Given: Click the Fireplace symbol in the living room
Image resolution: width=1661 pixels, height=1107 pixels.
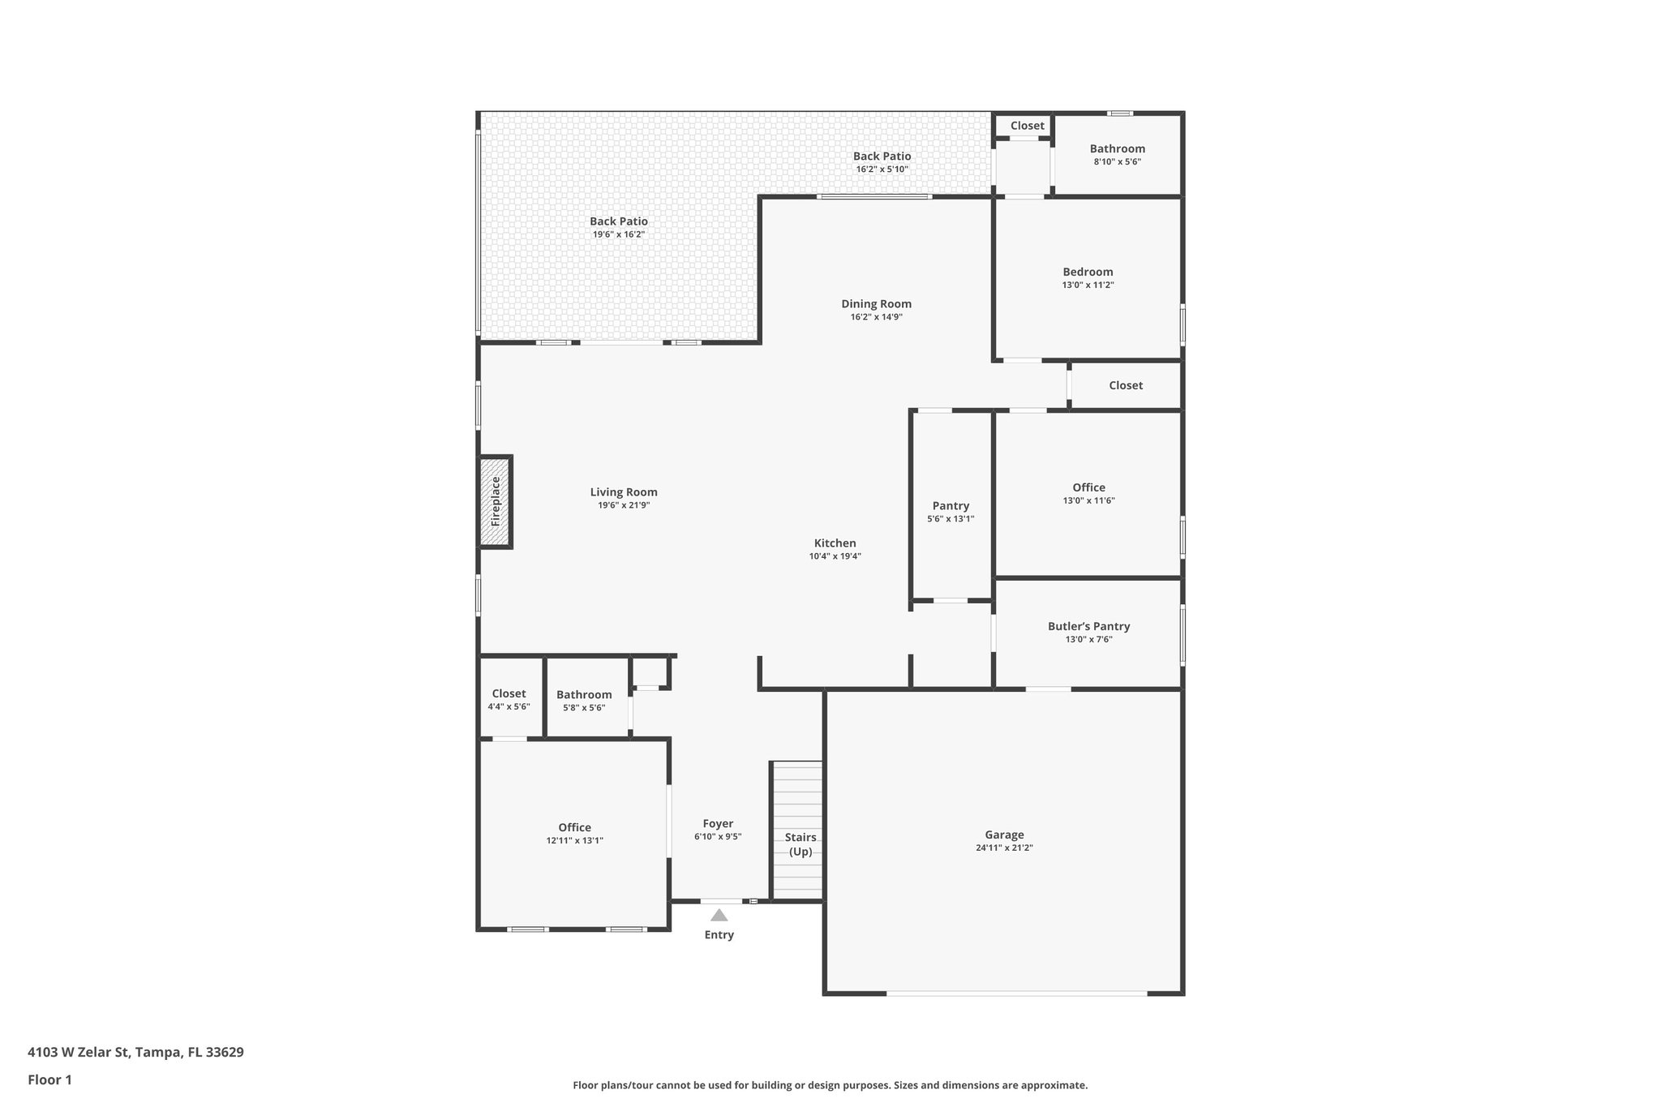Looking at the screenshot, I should pos(495,502).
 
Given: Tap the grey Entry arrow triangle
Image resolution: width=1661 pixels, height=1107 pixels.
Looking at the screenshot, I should pos(719,916).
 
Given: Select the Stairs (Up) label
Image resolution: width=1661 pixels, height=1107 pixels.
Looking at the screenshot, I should pos(800,844).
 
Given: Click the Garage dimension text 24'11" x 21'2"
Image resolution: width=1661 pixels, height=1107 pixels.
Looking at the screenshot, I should pos(1004,848).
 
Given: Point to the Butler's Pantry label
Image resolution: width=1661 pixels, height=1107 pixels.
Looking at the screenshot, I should pos(1088,626).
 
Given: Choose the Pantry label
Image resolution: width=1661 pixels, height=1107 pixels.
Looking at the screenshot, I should pos(951,505).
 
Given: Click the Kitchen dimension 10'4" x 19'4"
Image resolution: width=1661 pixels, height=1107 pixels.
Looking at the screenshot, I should pos(835,556).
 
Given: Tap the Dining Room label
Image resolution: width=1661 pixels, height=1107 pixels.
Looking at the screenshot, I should pos(876,304).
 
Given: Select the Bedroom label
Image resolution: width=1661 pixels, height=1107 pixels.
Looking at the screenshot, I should pos(1088,272).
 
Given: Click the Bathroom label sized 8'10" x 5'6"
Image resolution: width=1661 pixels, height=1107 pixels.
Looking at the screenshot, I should pos(1117,148).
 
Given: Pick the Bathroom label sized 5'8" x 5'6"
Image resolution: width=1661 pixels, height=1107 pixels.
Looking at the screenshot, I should pos(584,694).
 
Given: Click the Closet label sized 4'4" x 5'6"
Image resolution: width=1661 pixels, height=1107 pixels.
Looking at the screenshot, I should pos(509,693).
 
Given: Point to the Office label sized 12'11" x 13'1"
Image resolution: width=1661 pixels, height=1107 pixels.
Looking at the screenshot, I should pos(574,827).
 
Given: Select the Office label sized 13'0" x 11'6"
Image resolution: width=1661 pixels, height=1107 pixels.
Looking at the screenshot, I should pos(1088,487).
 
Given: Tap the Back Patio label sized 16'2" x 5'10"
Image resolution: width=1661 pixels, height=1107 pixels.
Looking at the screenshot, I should pos(882,156).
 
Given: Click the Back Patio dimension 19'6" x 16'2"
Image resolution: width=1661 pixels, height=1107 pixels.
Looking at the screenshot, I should pos(618,234).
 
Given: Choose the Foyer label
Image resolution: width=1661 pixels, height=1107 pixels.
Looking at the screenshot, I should pos(718,823).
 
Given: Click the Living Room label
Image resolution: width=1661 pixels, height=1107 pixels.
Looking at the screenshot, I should pos(624,491).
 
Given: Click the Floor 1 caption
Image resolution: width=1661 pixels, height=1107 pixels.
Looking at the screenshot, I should pos(49,1080).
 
